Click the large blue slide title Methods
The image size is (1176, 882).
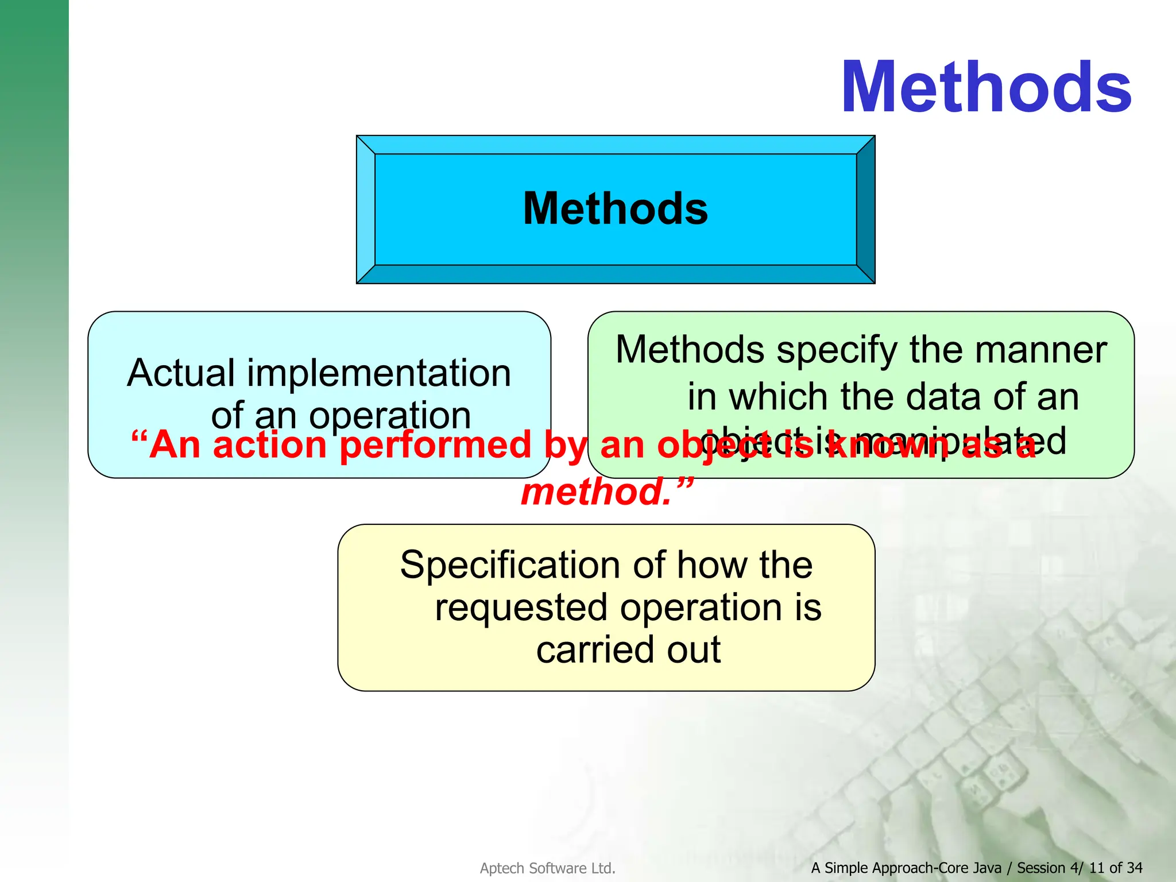pos(985,88)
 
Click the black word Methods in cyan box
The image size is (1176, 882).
pos(615,208)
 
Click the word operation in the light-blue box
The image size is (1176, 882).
pos(390,416)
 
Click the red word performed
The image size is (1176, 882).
pos(435,445)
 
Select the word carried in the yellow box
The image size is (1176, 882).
pos(596,650)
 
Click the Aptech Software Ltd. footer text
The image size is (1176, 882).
pos(547,868)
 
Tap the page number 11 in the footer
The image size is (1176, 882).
pos(1096,868)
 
